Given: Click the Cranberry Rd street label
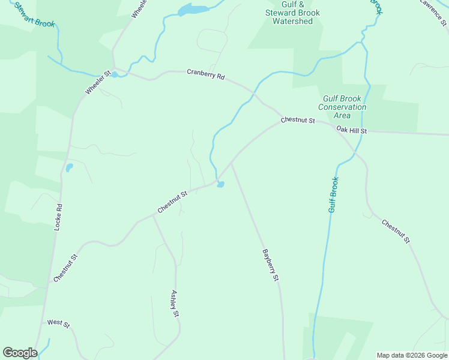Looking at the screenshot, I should point(205,76).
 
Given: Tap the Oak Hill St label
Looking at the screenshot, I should point(351,130).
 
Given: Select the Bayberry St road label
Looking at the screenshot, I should point(271,265).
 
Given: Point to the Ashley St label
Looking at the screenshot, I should point(175,304).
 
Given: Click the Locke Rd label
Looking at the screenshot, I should point(58,217).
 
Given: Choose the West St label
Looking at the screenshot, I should point(58,323).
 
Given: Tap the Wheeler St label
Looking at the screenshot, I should point(98,83).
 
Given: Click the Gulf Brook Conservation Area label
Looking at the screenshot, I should point(342,107).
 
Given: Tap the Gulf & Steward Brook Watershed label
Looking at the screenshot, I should point(292,13).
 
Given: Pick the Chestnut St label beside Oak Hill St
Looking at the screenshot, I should point(298,121).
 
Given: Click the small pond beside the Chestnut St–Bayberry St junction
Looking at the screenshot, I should point(221,184).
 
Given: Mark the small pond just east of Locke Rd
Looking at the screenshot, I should point(69,167).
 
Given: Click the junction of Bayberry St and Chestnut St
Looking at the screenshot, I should point(231,162).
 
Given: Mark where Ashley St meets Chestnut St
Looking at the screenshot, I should point(153,216).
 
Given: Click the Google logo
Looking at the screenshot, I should point(20,353).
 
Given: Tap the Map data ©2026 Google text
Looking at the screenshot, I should point(412,355).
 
